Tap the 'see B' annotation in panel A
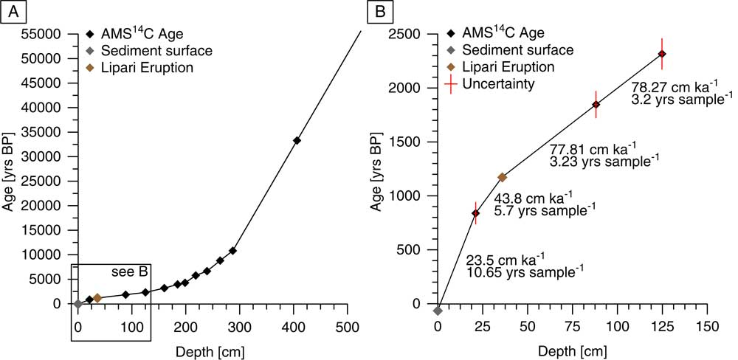click(x=130, y=271)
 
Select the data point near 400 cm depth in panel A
click(x=297, y=140)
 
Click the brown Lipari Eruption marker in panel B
click(x=503, y=177)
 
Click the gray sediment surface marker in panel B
click(x=438, y=311)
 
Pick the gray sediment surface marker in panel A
click(x=77, y=303)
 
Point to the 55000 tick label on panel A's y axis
click(x=41, y=34)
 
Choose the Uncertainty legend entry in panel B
click(x=499, y=84)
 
